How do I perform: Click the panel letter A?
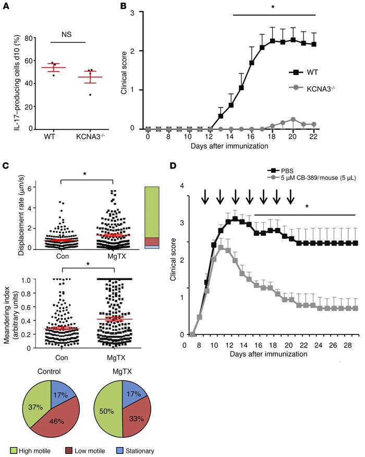click(6, 6)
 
